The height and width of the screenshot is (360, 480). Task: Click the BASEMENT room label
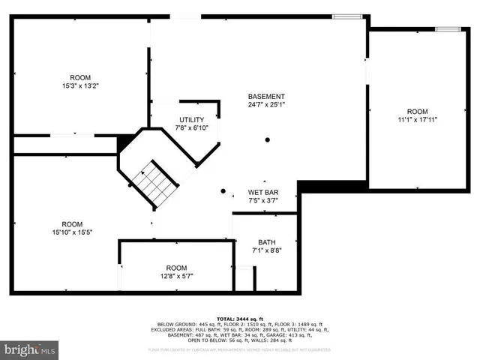[x=267, y=96]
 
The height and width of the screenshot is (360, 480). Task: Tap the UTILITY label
[x=191, y=120]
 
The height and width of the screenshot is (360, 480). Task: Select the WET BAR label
[x=263, y=193]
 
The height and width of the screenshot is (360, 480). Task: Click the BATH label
[x=267, y=241]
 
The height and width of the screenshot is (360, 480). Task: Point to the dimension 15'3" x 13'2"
[x=80, y=85]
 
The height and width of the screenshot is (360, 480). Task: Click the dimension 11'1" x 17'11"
[x=417, y=118]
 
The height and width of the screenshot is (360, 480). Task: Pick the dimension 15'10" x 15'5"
[x=72, y=232]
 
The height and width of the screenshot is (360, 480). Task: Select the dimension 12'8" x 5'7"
[x=176, y=276]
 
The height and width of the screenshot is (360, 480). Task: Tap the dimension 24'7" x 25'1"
[x=267, y=104]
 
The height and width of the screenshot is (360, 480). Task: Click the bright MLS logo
[x=30, y=349]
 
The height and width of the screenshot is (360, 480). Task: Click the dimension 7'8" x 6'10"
[x=191, y=128]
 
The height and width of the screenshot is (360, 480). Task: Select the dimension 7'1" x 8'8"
[x=267, y=250]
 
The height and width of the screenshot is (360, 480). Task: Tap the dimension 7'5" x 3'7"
[x=263, y=201]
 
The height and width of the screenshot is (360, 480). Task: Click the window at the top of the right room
[x=448, y=28]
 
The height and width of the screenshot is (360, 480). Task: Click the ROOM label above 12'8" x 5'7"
[x=176, y=268]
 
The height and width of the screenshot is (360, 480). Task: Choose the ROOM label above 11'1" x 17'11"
[x=417, y=110]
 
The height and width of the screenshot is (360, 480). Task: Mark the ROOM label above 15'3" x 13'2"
[x=80, y=77]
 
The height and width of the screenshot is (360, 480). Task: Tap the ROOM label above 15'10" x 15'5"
[x=72, y=223]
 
